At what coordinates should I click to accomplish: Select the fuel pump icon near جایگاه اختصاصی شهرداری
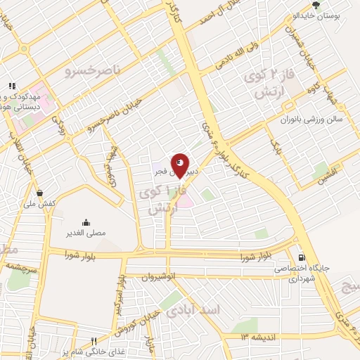[302, 257]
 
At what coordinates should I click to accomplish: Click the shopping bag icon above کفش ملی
[40, 193]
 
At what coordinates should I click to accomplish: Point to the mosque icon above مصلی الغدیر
[86, 221]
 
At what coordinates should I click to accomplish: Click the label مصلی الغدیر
[86, 233]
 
